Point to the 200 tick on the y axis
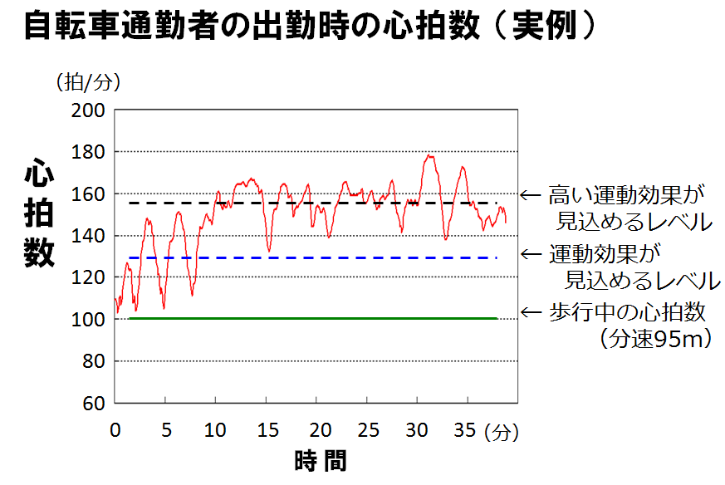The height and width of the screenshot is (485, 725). pyautogui.click(x=89, y=110)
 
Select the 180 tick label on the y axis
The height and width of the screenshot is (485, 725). pyautogui.click(x=89, y=152)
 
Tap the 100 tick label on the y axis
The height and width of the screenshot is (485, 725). pyautogui.click(x=89, y=320)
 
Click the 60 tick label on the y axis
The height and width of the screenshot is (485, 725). pyautogui.click(x=93, y=404)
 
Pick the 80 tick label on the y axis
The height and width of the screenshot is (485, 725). pyautogui.click(x=93, y=362)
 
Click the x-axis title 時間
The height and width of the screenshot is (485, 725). pyautogui.click(x=320, y=461)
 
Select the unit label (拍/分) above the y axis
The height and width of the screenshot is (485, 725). pyautogui.click(x=89, y=81)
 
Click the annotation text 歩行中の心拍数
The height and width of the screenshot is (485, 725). pyautogui.click(x=627, y=312)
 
